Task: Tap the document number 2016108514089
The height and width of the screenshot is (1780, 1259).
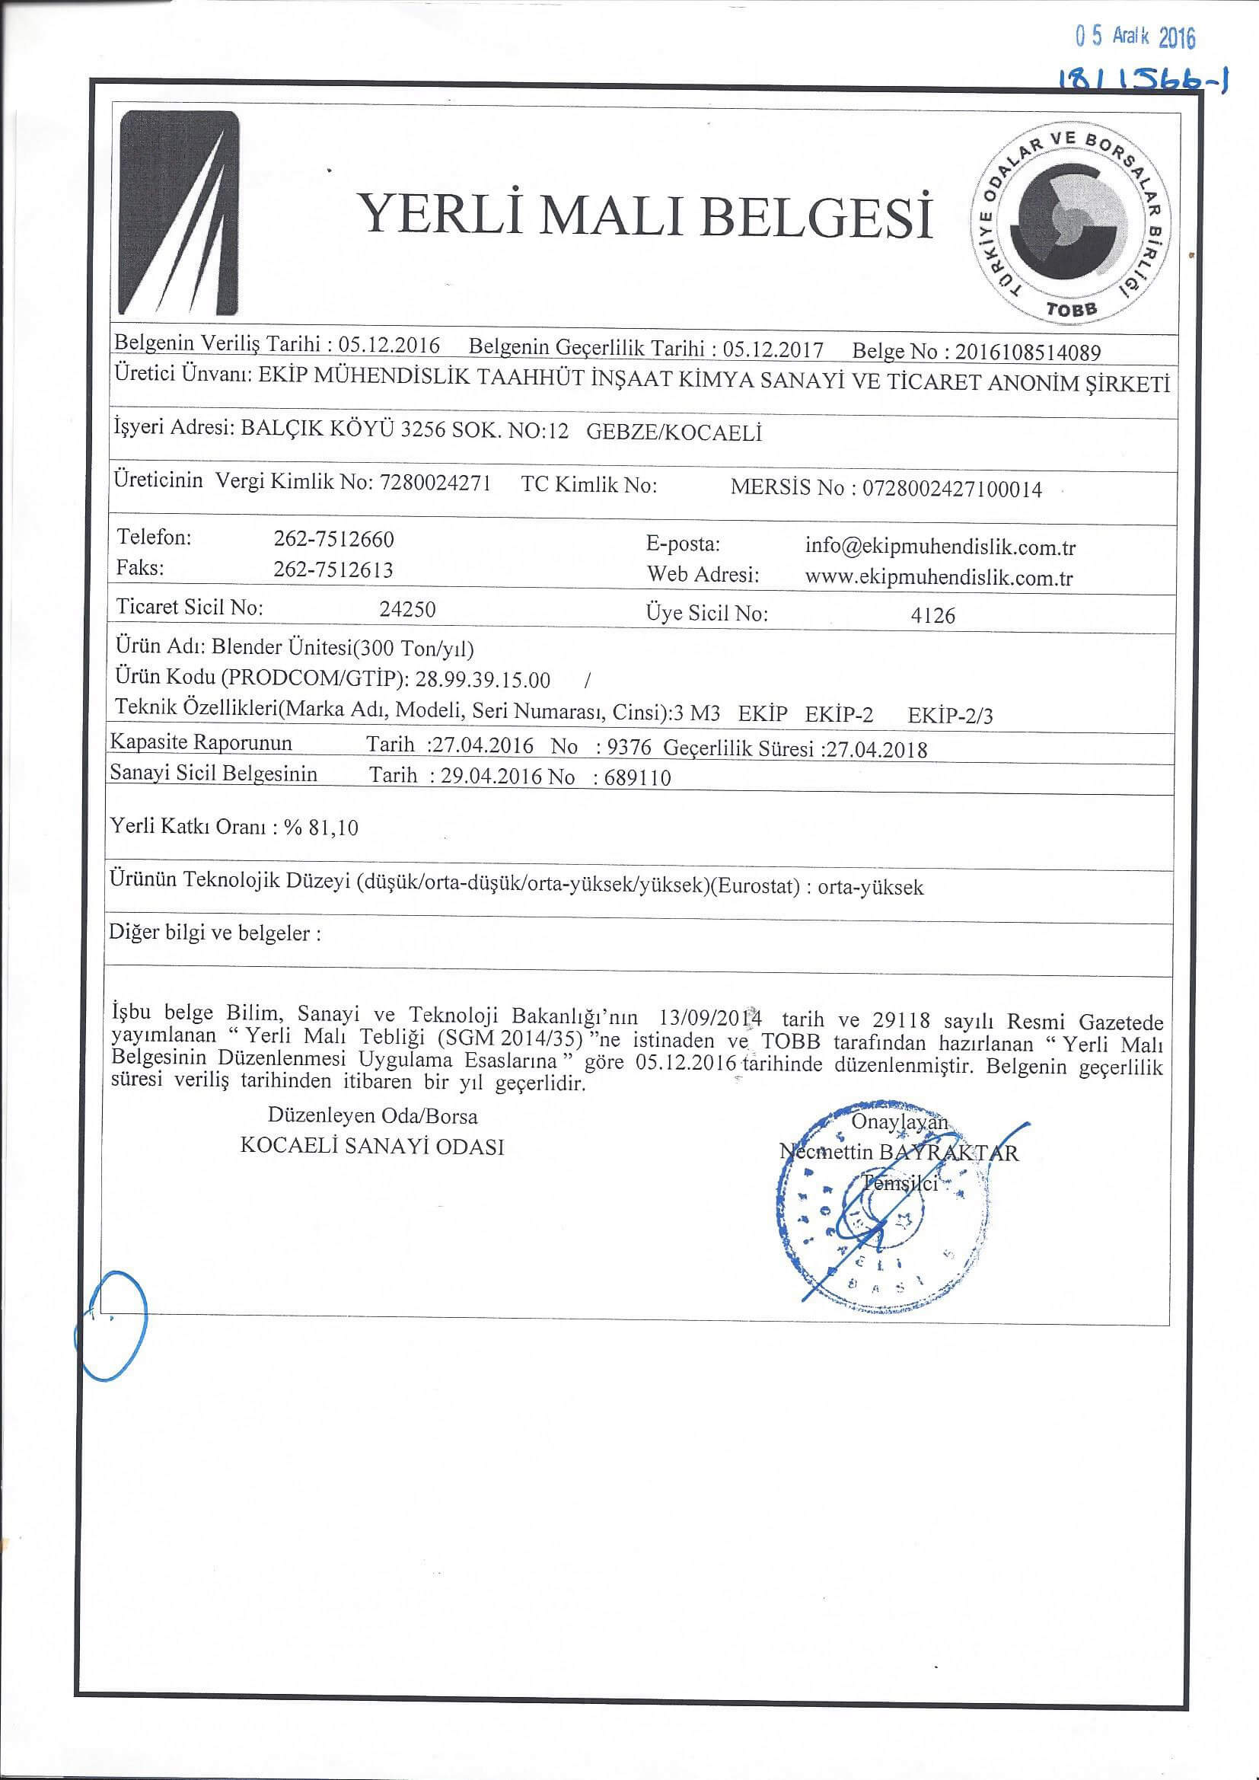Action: pyautogui.click(x=1027, y=352)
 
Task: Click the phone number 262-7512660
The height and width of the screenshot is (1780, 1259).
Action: pyautogui.click(x=334, y=539)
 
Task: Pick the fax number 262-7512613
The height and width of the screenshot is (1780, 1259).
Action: pyautogui.click(x=333, y=570)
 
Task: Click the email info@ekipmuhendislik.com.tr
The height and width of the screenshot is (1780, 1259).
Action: pyautogui.click(x=939, y=548)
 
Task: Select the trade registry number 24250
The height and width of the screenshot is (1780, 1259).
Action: pyautogui.click(x=407, y=609)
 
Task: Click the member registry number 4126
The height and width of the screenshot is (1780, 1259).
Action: pyautogui.click(x=932, y=617)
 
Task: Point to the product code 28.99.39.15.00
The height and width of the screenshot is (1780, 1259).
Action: pyautogui.click(x=483, y=681)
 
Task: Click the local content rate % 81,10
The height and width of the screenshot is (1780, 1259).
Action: pyautogui.click(x=321, y=828)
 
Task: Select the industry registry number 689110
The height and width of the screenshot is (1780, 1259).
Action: pyautogui.click(x=631, y=778)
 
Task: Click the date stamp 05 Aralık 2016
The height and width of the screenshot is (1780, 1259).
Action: pyautogui.click(x=1136, y=37)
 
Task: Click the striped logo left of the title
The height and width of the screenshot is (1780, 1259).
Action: pyautogui.click(x=177, y=214)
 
